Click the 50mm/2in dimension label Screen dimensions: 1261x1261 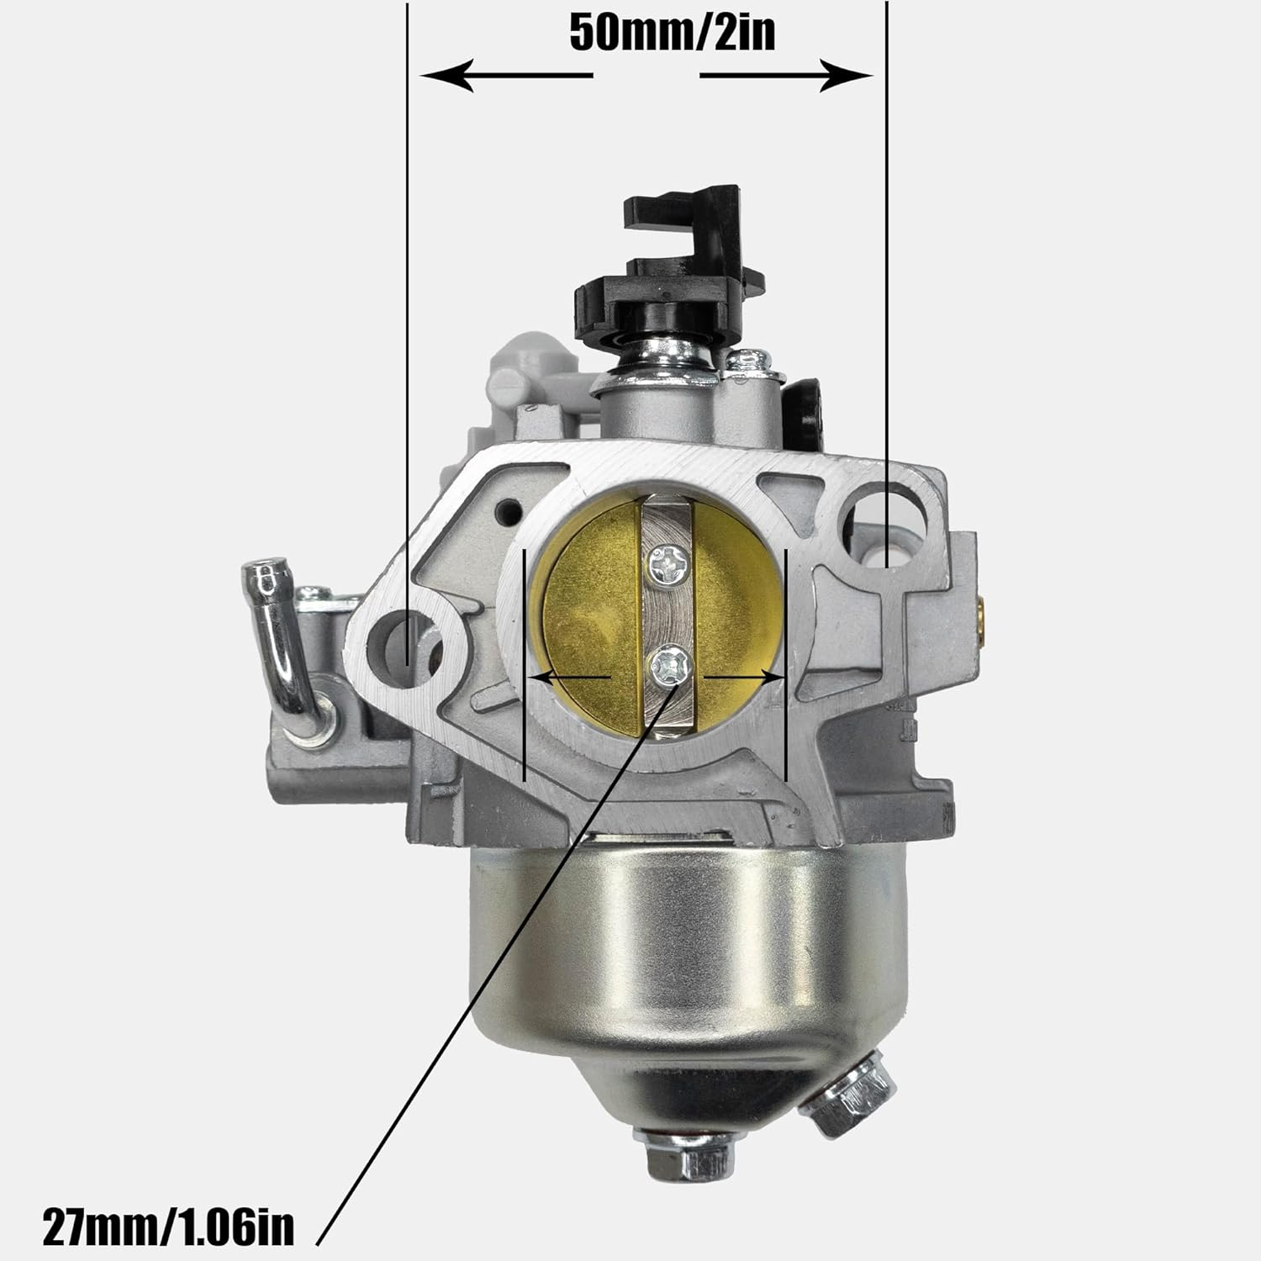[x=672, y=33]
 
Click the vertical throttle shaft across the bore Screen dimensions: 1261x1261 [x=666, y=614]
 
